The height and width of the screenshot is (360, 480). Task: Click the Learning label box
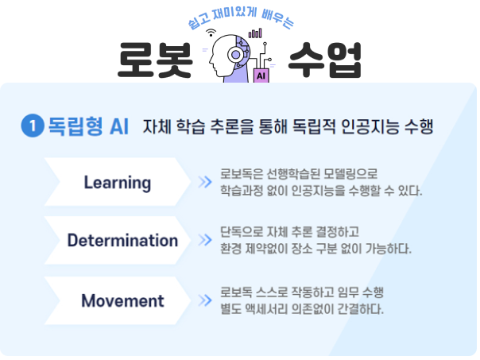pyautogui.click(x=118, y=182)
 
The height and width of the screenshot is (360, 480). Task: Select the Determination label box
pyautogui.click(x=118, y=240)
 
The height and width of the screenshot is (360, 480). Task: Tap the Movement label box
pyautogui.click(x=118, y=300)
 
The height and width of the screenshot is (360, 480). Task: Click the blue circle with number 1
pyautogui.click(x=33, y=126)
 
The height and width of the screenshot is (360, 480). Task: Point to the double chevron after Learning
pyautogui.click(x=205, y=182)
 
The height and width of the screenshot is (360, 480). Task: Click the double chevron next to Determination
pyautogui.click(x=205, y=240)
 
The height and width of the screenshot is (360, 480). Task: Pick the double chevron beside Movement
pyautogui.click(x=205, y=300)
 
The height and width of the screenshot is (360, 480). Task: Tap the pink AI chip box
pyautogui.click(x=261, y=75)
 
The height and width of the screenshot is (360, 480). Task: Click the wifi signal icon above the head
pyautogui.click(x=211, y=33)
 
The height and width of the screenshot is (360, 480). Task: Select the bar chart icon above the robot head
pyautogui.click(x=255, y=33)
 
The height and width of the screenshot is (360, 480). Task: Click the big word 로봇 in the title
pyautogui.click(x=155, y=60)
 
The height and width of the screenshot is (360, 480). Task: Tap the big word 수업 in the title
pyautogui.click(x=325, y=60)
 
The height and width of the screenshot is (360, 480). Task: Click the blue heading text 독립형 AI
pyautogui.click(x=88, y=126)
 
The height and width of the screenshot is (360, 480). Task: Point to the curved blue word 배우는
pyautogui.click(x=277, y=19)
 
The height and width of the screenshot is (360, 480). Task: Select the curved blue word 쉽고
pyautogui.click(x=199, y=21)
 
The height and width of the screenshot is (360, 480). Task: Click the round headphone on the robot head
pyautogui.click(x=235, y=55)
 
